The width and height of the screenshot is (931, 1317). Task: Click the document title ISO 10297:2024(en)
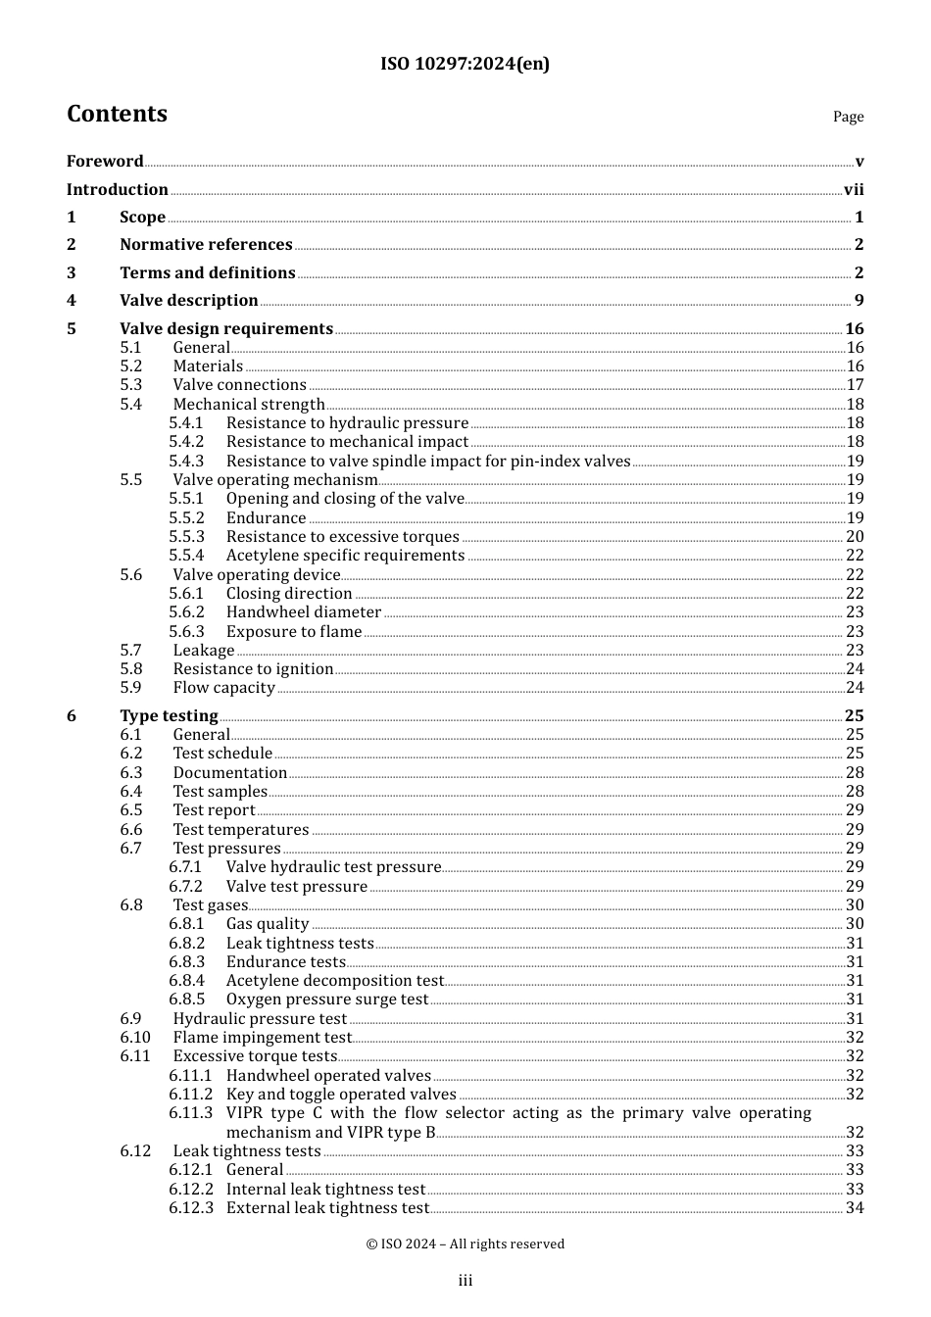(465, 64)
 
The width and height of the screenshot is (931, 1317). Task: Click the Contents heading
(117, 114)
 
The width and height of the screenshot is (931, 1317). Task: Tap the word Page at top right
(848, 117)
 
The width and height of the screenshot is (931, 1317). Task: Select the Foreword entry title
(105, 162)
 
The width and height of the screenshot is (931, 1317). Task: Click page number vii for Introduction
(854, 190)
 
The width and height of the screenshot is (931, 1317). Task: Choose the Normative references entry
(206, 245)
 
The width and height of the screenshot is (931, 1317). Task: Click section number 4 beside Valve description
(72, 301)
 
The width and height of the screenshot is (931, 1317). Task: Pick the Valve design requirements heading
(226, 329)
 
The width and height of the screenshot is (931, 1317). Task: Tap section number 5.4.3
(186, 462)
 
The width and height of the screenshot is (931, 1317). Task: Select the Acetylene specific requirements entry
(345, 556)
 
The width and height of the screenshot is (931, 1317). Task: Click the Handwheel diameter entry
(304, 612)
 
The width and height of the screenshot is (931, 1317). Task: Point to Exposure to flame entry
(294, 632)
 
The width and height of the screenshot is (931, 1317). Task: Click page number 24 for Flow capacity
(855, 688)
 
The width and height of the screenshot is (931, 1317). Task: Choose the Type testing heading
(169, 716)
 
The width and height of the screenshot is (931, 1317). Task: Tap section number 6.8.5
(186, 1000)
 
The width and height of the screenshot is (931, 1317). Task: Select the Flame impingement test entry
(262, 1038)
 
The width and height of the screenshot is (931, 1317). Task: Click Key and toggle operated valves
(341, 1095)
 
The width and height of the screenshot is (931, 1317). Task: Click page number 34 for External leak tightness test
(855, 1208)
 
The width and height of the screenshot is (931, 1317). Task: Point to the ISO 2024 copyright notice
(465, 1244)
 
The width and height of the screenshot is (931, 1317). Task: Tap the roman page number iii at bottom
(465, 1281)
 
